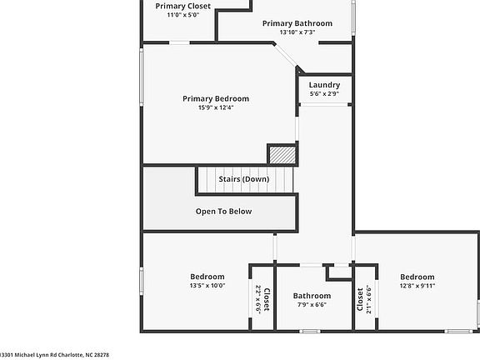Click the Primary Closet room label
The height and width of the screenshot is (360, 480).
pos(182,6)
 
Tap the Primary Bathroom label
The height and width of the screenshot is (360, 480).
pos(297,23)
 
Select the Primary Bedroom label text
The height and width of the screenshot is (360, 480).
pos(216,98)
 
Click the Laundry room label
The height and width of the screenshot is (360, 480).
pos(323,85)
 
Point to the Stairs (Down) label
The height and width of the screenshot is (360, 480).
pos(243,179)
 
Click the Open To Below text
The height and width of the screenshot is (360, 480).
pos(223,211)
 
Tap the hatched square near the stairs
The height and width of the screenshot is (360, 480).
pos(282,155)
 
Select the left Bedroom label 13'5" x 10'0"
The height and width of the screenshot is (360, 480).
pos(207,277)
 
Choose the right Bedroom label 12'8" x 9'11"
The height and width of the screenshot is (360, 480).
pos(417,277)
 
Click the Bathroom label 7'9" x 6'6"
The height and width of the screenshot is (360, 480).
pos(312,296)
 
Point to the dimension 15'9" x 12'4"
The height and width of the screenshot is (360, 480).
pos(216,107)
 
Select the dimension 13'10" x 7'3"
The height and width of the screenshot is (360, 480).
pos(297,32)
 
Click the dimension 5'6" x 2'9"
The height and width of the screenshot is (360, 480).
pos(323,94)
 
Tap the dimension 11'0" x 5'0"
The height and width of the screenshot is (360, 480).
pos(182,15)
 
